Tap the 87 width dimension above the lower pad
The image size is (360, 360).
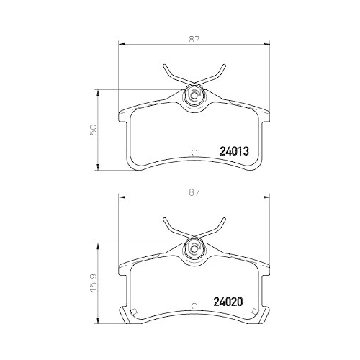click(194, 192)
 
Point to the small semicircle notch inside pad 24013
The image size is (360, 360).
click(194, 151)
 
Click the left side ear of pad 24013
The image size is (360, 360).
click(123, 117)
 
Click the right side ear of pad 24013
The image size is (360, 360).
click(265, 117)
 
